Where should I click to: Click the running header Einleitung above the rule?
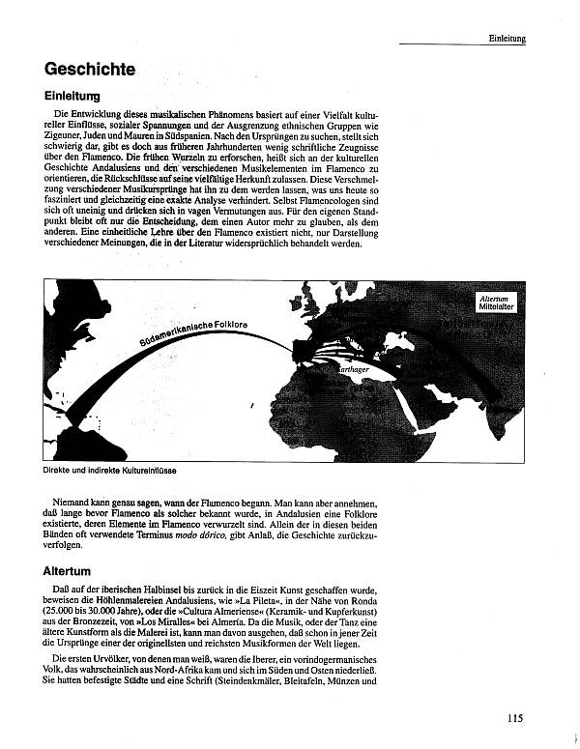click(x=507, y=39)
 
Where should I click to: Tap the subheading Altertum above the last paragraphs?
click(x=67, y=571)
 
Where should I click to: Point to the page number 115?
click(x=514, y=717)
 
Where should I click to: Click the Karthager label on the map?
click(x=349, y=369)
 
